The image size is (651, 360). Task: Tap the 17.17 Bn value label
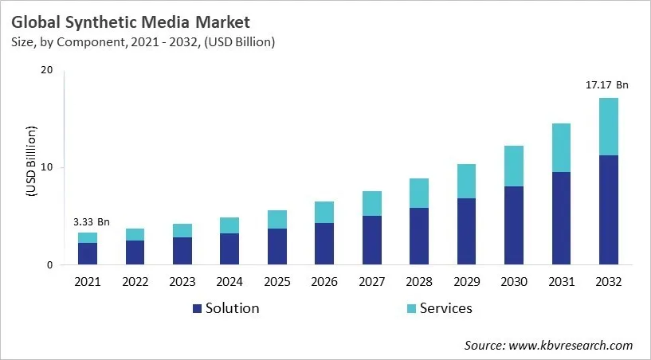[x=608, y=84]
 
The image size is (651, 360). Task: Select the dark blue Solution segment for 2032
[x=608, y=210]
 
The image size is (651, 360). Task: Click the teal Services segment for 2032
[x=608, y=127]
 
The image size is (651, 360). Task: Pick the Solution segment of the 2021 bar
[x=88, y=254]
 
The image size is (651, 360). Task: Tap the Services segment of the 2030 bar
[x=513, y=166]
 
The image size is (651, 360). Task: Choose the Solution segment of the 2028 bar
[x=419, y=237]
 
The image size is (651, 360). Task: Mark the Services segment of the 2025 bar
[x=277, y=220]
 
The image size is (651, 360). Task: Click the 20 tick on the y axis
[x=46, y=70]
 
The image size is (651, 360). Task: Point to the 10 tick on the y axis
[x=46, y=167]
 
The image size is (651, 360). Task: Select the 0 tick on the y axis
[x=49, y=265]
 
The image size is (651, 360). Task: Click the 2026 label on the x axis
[x=324, y=282]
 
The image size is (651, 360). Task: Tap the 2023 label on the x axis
[x=182, y=282]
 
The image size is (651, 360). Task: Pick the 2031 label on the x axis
[x=561, y=282]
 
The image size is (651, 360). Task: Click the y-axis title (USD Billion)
[x=31, y=160]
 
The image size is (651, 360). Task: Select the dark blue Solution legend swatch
[x=196, y=308]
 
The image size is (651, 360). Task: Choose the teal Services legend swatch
[x=410, y=308]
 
